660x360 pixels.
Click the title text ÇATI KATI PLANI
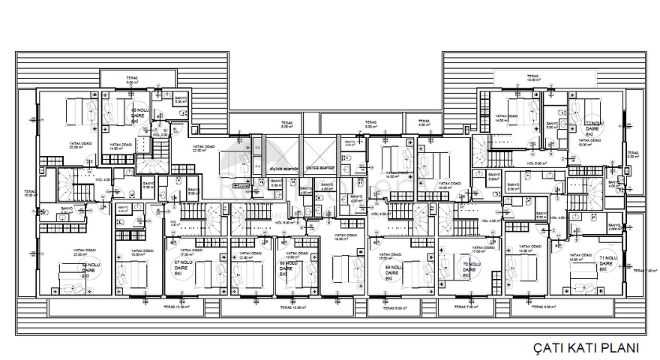[x=586, y=348]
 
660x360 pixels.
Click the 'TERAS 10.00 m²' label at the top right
[x=534, y=77]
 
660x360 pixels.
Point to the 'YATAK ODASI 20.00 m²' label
[x=79, y=145]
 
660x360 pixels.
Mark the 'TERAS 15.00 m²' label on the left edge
[x=29, y=193]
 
